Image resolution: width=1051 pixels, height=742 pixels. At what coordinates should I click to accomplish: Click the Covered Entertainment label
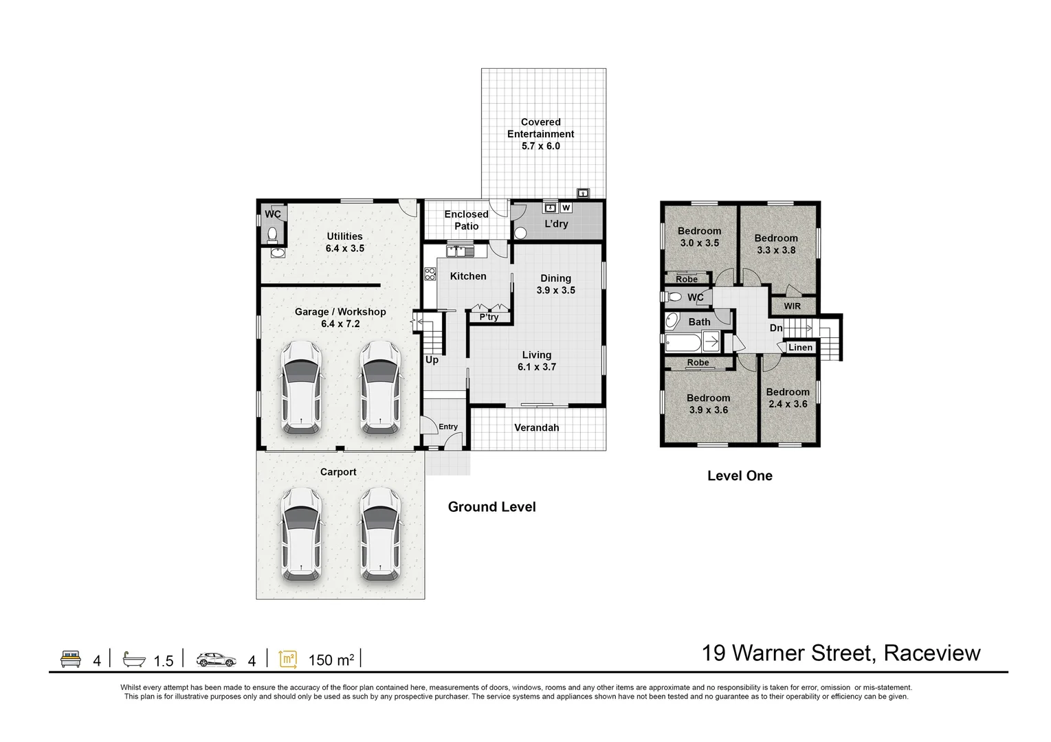coord(541,134)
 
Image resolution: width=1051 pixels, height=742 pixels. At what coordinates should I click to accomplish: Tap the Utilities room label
coord(344,236)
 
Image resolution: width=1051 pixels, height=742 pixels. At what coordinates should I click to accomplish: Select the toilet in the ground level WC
coord(273,235)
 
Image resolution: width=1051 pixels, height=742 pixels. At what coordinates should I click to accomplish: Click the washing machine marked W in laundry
coord(566,207)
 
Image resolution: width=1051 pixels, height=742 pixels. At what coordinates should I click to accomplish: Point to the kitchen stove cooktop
coord(430,273)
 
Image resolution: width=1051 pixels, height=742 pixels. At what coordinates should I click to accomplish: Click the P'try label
coord(489,317)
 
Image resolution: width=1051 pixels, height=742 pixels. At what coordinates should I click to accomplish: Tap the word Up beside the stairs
coord(432,360)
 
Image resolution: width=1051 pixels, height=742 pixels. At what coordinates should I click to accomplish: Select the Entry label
coord(448,427)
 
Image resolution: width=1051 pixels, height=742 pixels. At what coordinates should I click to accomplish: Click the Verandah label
coord(537,427)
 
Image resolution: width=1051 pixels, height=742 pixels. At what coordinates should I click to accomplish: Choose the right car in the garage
coord(379,388)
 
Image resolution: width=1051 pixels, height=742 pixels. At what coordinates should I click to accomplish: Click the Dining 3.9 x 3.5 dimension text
coord(555,291)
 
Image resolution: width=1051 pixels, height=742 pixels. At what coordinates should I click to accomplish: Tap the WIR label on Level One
coord(793,306)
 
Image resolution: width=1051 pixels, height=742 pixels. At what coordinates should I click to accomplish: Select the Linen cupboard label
coord(800,348)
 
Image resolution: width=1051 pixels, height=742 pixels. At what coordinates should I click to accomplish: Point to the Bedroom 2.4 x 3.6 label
coord(788,398)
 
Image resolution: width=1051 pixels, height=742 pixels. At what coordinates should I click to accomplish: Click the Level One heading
coord(740,475)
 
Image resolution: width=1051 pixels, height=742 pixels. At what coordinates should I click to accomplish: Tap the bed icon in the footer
coord(71,660)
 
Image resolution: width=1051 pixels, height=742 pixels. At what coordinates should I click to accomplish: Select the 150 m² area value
coord(331,660)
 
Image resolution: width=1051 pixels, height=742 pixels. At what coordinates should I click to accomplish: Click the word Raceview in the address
coord(932,653)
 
